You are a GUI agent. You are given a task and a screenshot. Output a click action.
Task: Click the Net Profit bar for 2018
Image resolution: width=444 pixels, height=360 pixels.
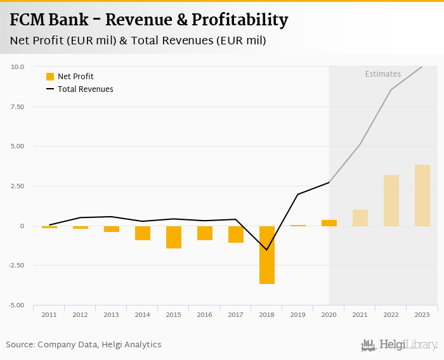pyautogui.click(x=267, y=255)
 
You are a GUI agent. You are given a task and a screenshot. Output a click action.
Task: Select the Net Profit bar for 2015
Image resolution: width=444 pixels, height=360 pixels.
pyautogui.click(x=174, y=237)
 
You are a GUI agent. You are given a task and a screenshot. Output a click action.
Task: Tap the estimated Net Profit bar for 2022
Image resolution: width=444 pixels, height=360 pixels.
pyautogui.click(x=391, y=200)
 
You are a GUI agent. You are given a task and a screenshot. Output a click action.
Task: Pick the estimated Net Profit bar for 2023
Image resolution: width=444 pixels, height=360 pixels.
pyautogui.click(x=422, y=195)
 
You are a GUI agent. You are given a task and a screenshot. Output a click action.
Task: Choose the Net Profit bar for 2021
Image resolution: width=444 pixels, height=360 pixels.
pyautogui.click(x=360, y=218)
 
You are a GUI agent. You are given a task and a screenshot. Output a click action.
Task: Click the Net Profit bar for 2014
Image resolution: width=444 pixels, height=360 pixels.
pyautogui.click(x=143, y=233)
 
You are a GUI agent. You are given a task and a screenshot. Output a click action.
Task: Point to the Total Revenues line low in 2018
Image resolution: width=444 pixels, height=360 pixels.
pyautogui.click(x=267, y=250)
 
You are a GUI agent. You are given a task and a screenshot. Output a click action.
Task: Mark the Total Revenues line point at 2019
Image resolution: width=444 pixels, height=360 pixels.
pyautogui.click(x=298, y=194)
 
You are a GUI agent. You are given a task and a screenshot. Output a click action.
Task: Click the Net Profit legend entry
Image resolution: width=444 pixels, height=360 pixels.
pyautogui.click(x=70, y=77)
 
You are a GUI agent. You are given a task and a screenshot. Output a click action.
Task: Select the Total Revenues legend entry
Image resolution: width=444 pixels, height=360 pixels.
pyautogui.click(x=79, y=89)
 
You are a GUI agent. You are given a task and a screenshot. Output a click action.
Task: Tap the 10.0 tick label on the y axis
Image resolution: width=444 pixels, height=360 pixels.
pyautogui.click(x=18, y=67)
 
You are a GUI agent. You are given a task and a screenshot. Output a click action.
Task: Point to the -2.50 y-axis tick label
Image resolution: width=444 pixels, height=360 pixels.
pyautogui.click(x=16, y=266)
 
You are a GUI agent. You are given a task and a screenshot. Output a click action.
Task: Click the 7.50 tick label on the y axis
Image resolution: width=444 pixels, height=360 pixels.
pyautogui.click(x=17, y=106)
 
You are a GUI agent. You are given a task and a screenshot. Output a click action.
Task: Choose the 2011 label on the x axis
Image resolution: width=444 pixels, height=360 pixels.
pyautogui.click(x=49, y=315)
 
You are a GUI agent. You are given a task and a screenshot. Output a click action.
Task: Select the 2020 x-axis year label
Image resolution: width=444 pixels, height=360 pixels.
pyautogui.click(x=329, y=315)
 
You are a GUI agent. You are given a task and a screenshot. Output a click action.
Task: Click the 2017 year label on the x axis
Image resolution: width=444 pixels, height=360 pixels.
pyautogui.click(x=236, y=315)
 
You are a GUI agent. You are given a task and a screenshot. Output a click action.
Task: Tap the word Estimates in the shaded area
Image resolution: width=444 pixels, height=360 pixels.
pyautogui.click(x=382, y=74)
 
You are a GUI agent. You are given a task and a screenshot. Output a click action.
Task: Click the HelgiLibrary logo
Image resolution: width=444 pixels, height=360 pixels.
pyautogui.click(x=400, y=345)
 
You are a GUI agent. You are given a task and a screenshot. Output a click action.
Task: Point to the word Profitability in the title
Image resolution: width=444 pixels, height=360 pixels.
pyautogui.click(x=235, y=20)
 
